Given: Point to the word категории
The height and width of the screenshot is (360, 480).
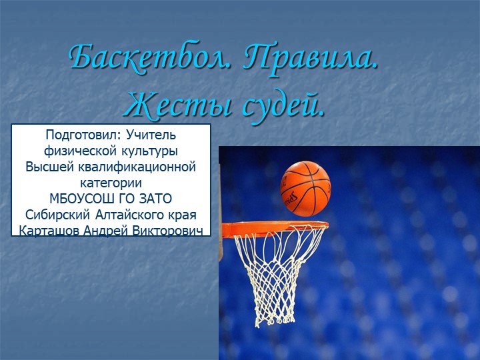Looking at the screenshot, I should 111,183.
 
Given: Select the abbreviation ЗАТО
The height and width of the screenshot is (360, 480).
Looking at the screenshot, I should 155,199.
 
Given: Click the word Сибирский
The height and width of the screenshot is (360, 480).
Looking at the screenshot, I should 55,215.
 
